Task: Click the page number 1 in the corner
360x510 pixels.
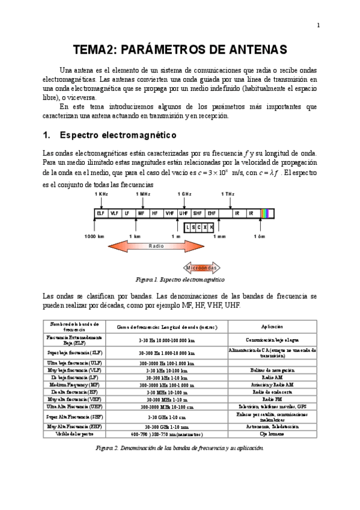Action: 318,25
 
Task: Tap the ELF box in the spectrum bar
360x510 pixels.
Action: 100,213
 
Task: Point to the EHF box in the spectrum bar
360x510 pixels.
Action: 212,213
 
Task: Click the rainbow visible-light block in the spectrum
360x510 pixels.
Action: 266,213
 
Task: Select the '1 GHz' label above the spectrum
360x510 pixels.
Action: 184,194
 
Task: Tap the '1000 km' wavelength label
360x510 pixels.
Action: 94,237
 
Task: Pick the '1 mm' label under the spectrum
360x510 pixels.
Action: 219,237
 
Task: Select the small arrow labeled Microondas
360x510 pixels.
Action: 203,267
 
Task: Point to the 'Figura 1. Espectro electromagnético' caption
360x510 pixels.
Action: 180,280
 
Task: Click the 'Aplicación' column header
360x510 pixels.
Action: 272,327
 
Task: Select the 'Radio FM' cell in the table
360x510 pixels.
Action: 272,399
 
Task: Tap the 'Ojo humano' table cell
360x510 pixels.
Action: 272,433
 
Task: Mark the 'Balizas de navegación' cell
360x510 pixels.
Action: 272,370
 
